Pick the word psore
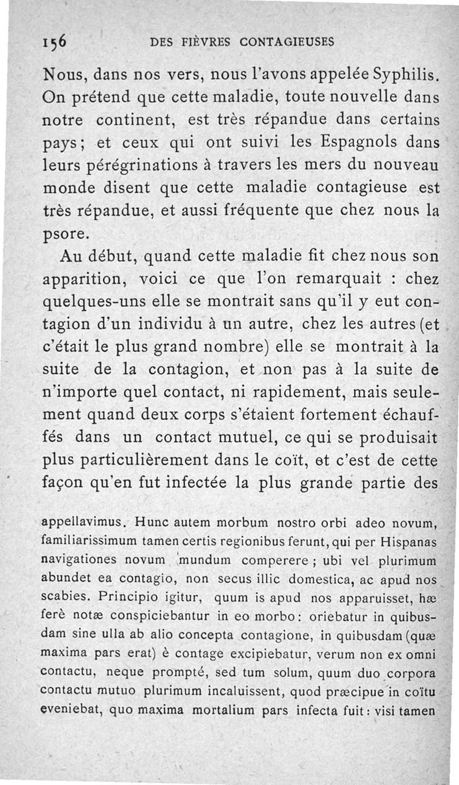click(x=66, y=234)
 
